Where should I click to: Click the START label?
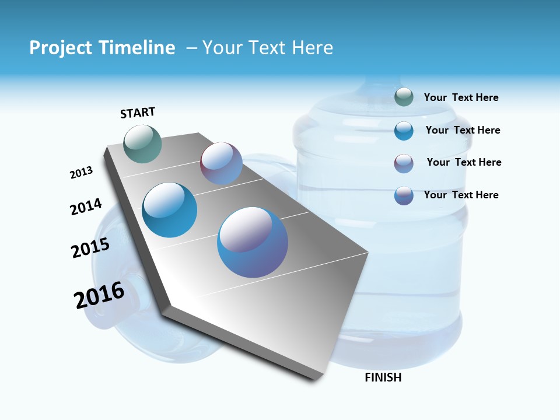coord(138,113)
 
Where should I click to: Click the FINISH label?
coord(383,377)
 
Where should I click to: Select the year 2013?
coord(81,173)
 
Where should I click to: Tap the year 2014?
coord(86,207)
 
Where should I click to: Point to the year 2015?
coord(90,248)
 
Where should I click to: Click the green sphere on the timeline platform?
coord(143,143)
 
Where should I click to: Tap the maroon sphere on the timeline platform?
coord(221,163)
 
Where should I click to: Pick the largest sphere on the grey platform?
coord(253,242)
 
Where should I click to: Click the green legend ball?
coord(404,97)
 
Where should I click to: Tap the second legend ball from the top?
coord(404,131)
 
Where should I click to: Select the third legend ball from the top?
coord(404,163)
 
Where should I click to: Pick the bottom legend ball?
coord(404,195)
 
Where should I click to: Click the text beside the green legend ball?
coord(461,97)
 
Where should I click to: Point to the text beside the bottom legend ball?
coord(461,195)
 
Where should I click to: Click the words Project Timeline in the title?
coord(102,48)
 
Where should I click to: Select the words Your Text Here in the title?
coord(268,48)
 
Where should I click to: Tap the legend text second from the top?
coord(463,130)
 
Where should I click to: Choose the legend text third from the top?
coord(464,162)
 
